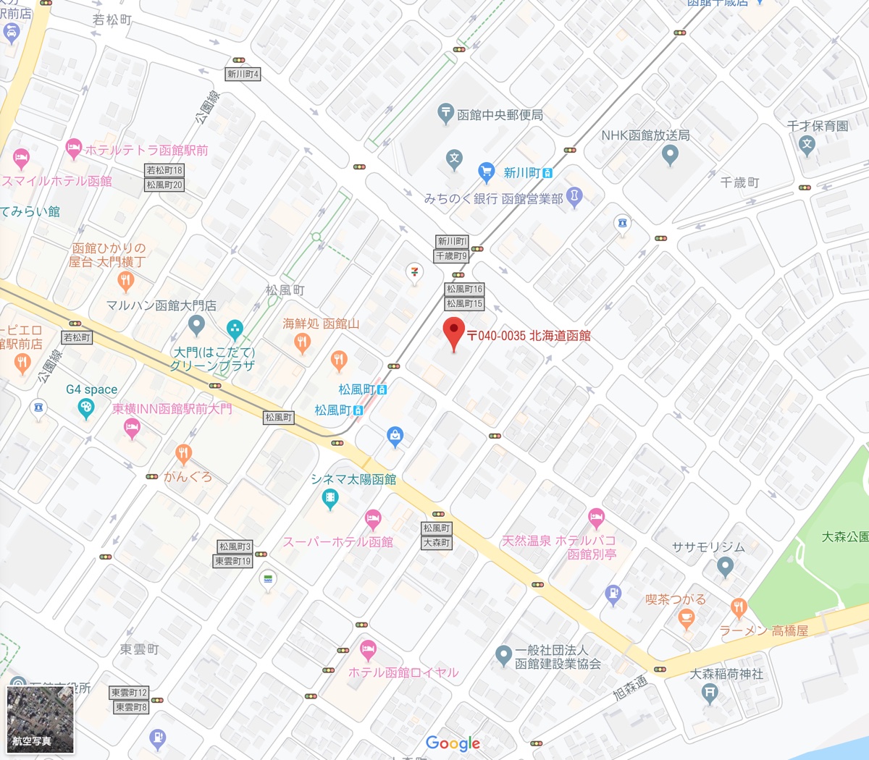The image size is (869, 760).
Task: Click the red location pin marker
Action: tap(453, 332)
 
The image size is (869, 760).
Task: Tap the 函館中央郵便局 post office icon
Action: tap(445, 112)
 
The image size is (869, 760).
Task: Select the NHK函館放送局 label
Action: tap(645, 135)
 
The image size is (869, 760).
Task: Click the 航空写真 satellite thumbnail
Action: tap(40, 720)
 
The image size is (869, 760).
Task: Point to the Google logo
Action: tap(453, 743)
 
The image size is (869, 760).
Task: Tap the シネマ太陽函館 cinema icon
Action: tap(330, 498)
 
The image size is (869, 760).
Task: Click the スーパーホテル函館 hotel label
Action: tap(337, 541)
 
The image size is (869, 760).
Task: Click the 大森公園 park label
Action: tap(844, 537)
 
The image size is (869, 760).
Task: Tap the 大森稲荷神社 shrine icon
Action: tap(710, 693)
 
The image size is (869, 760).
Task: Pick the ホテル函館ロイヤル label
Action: tap(403, 672)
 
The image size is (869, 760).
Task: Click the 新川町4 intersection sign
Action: tap(243, 74)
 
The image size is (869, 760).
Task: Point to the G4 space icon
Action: tap(86, 408)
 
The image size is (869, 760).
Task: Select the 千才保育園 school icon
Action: tap(807, 143)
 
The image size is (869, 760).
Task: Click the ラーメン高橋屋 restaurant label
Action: tap(763, 630)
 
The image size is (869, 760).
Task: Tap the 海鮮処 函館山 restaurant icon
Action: tap(303, 342)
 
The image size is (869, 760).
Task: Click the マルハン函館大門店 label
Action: tap(161, 305)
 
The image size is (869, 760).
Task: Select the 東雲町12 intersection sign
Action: tap(130, 693)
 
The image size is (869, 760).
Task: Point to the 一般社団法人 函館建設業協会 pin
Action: tap(503, 655)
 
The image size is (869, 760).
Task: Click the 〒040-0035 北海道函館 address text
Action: tap(529, 336)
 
